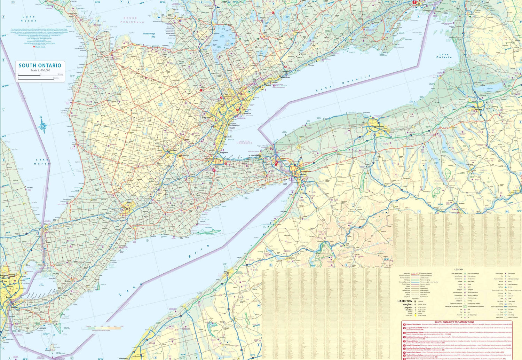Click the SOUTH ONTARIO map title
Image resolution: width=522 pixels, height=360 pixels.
(x=40, y=65)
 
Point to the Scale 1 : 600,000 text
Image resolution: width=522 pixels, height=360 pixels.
(x=40, y=70)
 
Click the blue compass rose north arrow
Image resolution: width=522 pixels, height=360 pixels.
(x=43, y=126)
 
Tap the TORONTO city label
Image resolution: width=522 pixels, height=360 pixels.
(x=246, y=114)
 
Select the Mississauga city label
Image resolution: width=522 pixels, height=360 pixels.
(x=234, y=125)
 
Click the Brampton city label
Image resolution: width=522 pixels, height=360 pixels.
(x=206, y=117)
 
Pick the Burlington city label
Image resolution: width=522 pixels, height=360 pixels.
(x=224, y=152)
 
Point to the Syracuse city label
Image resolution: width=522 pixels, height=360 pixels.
(x=478, y=109)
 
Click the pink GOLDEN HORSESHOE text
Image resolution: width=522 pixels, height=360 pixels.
(x=244, y=142)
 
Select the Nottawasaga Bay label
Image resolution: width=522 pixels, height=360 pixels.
(x=149, y=35)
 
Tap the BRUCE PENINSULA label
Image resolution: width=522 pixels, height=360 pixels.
(x=132, y=20)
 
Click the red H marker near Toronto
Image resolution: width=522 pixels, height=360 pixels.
(x=238, y=110)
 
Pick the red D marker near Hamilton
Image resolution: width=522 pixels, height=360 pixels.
(x=226, y=163)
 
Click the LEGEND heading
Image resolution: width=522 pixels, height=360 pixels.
(x=458, y=269)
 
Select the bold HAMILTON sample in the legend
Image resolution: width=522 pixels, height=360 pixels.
(x=405, y=301)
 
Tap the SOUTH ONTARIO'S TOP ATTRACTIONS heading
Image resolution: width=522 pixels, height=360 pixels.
(x=454, y=322)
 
